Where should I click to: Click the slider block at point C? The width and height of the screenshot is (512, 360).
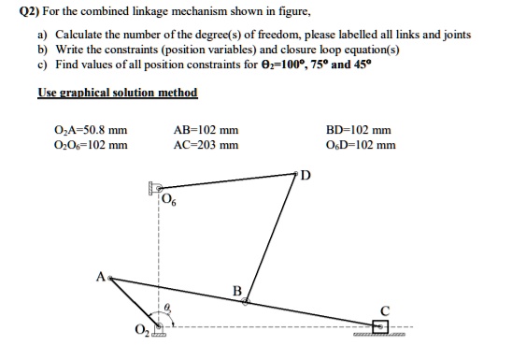379,326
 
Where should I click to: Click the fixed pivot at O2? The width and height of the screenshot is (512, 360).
159,326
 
